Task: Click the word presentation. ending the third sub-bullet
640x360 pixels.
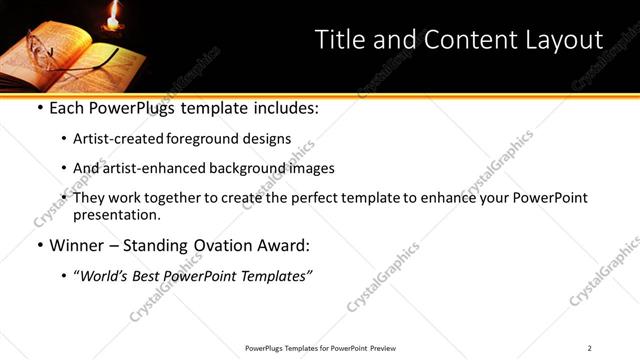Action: click(116, 215)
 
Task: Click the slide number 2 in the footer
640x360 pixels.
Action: click(590, 347)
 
